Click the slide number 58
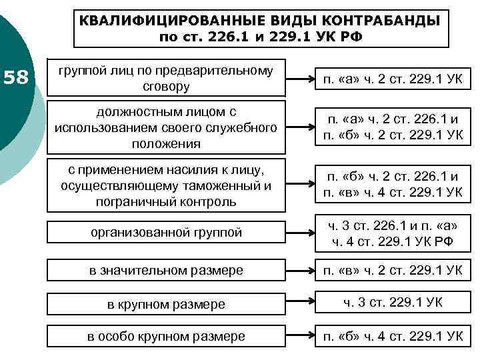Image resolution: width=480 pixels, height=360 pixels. tap(17, 78)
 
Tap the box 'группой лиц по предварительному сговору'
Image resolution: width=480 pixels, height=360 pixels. tap(166, 79)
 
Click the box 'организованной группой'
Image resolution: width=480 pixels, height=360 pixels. tap(166, 232)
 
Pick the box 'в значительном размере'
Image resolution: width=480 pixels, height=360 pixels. tap(166, 270)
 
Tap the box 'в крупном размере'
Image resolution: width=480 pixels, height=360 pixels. tap(166, 304)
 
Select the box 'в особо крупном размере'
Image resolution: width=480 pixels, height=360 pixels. tap(166, 337)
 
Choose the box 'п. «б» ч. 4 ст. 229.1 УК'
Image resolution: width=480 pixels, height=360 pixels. tap(393, 337)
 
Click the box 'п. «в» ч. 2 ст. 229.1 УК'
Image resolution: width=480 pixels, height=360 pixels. tap(393, 270)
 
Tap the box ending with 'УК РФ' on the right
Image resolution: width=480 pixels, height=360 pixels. tap(393, 232)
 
